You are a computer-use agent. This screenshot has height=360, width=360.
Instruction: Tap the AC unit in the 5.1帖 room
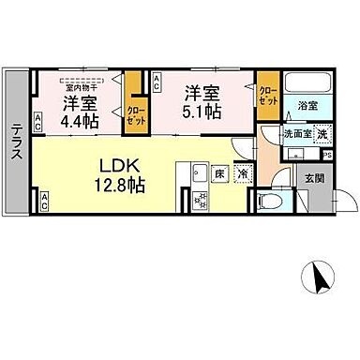(x=156, y=82)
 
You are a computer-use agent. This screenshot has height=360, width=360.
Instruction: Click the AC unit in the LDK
(x=45, y=199)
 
